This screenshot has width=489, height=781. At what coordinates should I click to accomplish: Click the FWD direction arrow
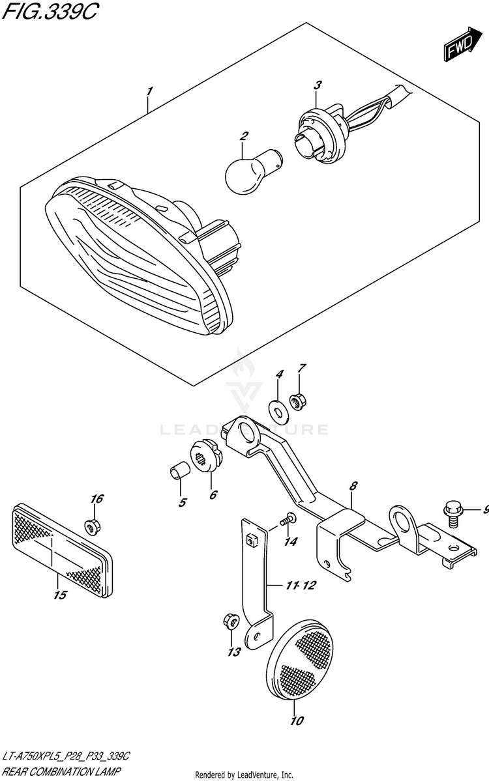point(462,44)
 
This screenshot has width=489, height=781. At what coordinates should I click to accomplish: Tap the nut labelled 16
point(91,526)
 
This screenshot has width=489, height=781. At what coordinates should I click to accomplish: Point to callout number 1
point(149,92)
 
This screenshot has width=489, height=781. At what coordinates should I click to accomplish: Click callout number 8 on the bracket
point(353,487)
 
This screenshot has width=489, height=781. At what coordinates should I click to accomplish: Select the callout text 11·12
point(300,585)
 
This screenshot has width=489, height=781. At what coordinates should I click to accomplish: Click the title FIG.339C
point(49,12)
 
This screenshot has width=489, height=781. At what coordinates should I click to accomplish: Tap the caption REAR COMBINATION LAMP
point(61,772)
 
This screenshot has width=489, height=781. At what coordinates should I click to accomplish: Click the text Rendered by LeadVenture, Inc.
point(244,775)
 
